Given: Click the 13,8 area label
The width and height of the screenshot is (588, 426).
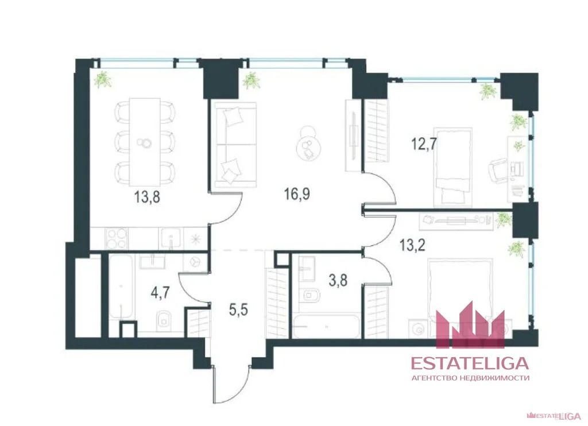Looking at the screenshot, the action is [147, 196].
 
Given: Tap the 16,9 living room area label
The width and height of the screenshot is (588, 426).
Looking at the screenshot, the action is [297, 194].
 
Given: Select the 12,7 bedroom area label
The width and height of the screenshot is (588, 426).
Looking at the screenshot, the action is [424, 144].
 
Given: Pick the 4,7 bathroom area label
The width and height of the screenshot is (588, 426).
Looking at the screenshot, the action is [160, 292].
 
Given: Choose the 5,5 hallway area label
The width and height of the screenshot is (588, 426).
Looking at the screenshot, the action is [238, 310].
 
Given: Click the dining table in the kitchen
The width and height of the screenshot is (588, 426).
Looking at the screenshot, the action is [145, 142].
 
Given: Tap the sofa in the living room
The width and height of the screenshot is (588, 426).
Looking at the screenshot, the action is [235, 145].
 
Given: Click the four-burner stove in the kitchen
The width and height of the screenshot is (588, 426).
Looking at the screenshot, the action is [117, 238].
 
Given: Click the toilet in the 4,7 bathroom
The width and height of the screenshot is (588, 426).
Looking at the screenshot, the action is [163, 319].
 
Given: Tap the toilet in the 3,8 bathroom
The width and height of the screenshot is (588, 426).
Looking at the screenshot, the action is [310, 296].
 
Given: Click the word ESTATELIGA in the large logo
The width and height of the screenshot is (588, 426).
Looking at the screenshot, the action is [470, 363].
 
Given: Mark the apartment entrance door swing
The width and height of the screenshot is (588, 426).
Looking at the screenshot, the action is [231, 385].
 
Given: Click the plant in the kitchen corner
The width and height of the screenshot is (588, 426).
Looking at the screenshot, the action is [102, 79].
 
